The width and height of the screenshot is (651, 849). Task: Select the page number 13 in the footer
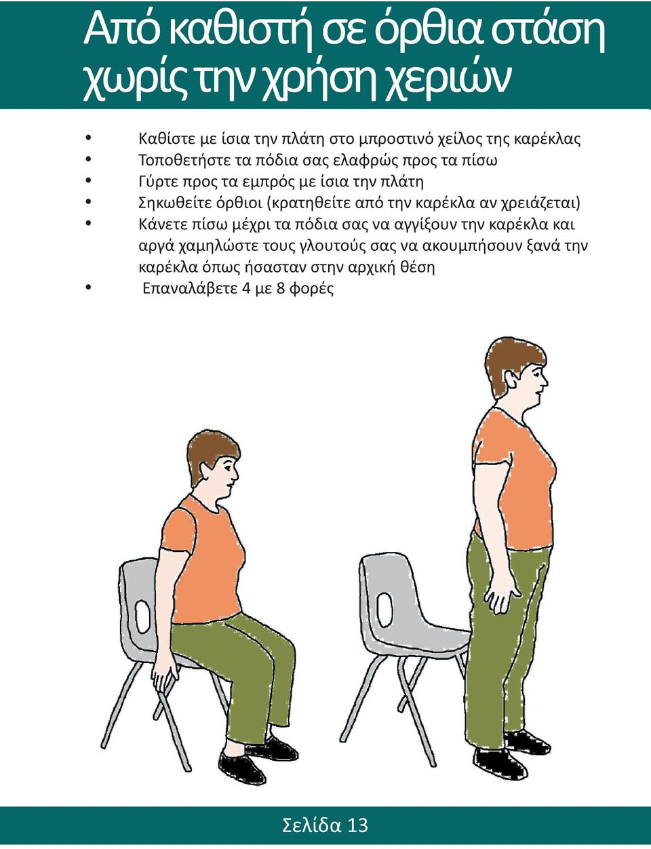[357, 825]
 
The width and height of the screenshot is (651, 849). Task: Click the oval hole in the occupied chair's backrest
[142, 614]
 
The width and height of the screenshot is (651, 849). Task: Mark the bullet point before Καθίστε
[88, 138]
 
